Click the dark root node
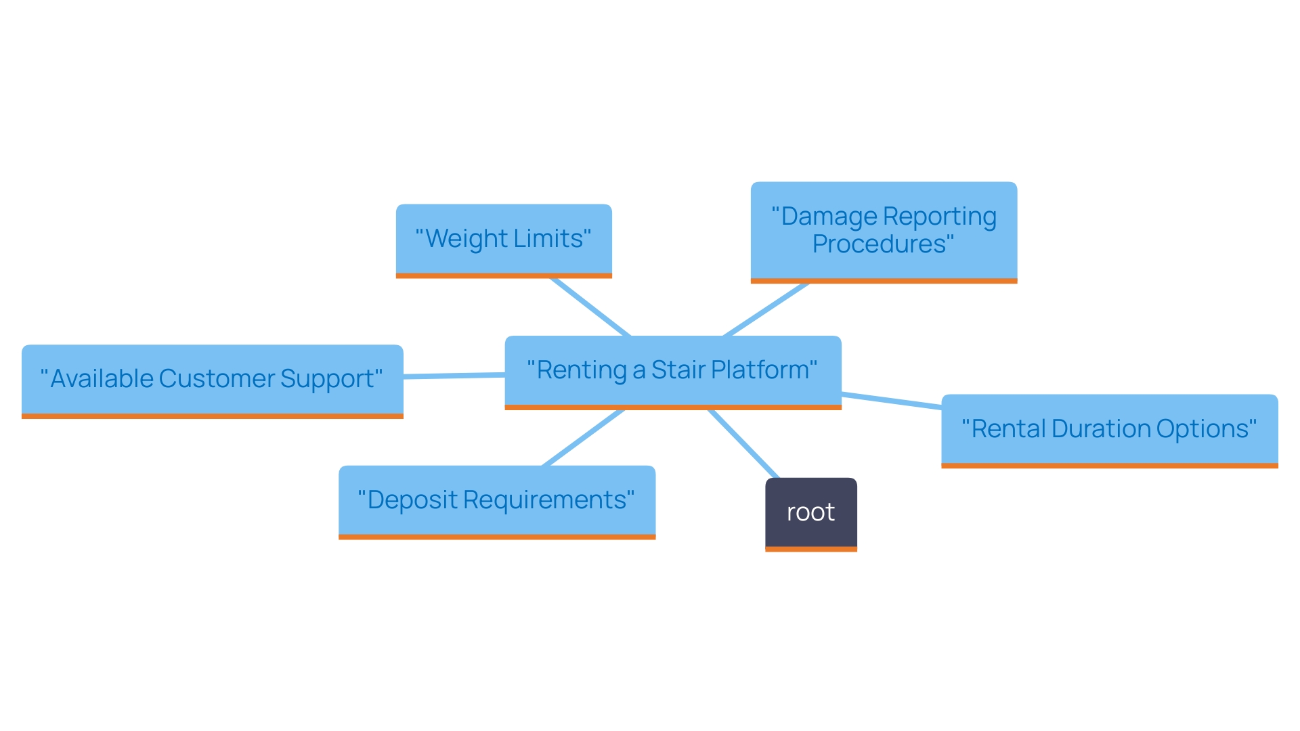[810, 513]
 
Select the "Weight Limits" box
[504, 239]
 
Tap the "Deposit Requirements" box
[496, 500]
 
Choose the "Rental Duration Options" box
[1109, 429]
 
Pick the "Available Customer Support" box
[212, 379]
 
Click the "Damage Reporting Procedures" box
[884, 230]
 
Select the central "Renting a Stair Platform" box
[672, 370]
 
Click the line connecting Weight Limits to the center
[590, 307]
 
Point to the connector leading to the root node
[743, 443]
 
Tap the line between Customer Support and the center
[454, 376]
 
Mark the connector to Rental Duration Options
[891, 401]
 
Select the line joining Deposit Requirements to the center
[583, 437]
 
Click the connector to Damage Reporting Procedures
[766, 309]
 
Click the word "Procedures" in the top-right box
[879, 244]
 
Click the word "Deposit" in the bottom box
[413, 500]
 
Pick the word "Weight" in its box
[467, 239]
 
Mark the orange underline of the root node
[810, 549]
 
